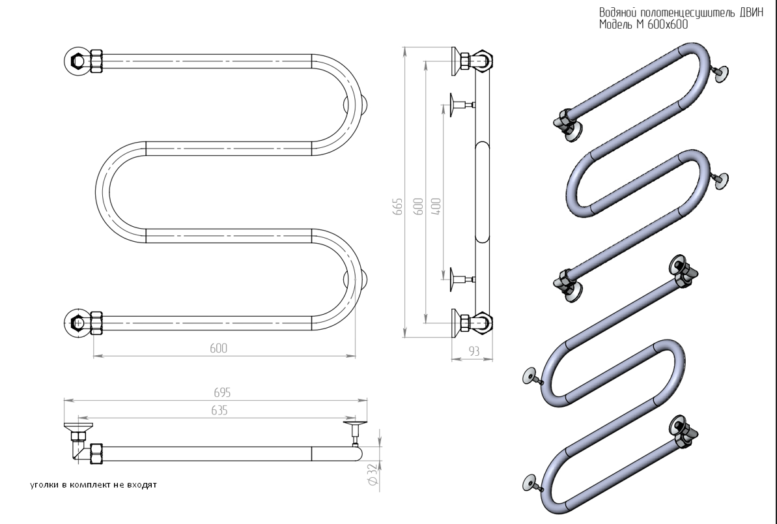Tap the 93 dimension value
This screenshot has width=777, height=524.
point(473,351)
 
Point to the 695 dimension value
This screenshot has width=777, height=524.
point(222,392)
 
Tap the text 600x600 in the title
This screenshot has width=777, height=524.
point(664,25)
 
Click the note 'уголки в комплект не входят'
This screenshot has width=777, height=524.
point(94,485)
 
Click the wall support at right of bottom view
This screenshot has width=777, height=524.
point(356,430)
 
